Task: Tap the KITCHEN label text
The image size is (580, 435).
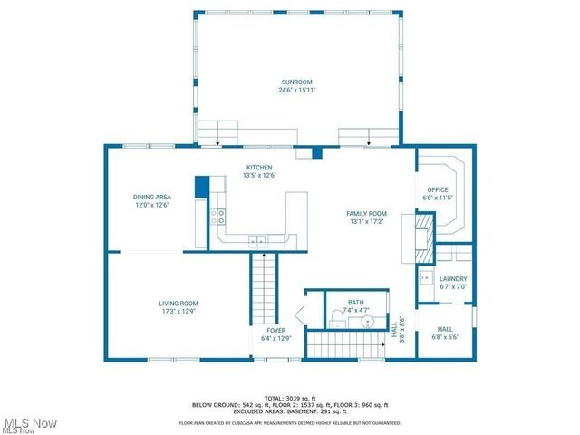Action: (x=259, y=168)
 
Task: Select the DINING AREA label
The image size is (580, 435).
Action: (x=152, y=197)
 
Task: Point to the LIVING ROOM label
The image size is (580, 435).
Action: (x=179, y=304)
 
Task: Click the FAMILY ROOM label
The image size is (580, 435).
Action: (x=366, y=214)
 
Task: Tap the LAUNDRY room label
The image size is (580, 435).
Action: (x=452, y=279)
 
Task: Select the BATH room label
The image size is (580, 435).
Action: (x=355, y=303)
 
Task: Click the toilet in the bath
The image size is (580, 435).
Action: (x=336, y=316)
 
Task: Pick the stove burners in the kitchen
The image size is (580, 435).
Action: (x=218, y=216)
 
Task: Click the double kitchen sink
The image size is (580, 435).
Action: (x=258, y=240)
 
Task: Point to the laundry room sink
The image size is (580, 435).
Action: (x=424, y=277)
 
